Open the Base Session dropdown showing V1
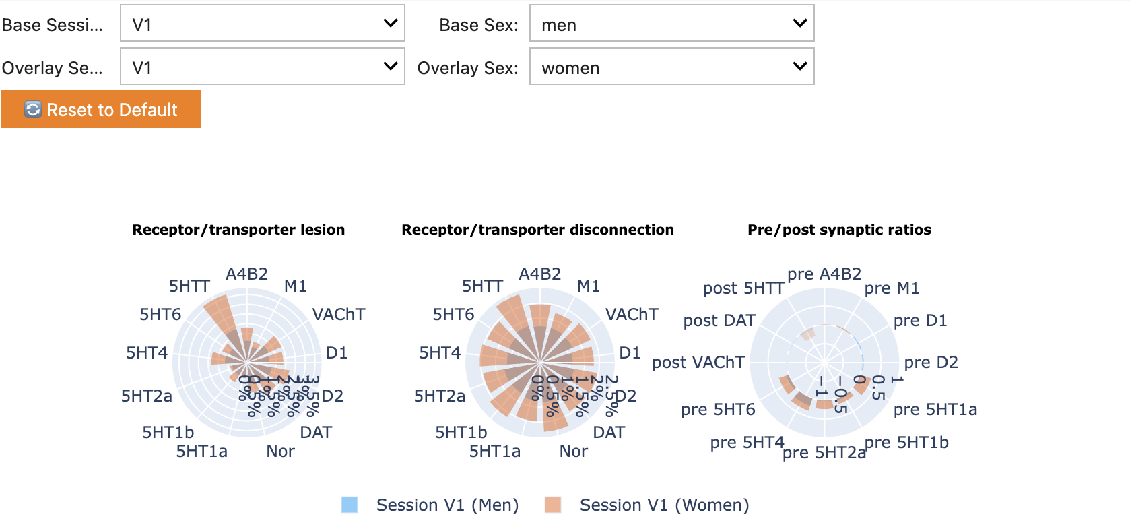262,24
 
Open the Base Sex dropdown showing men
671,24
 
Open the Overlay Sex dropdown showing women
671,67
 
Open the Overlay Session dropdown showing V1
262,67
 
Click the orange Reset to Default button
101,110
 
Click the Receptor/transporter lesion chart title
238,230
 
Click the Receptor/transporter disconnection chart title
537,230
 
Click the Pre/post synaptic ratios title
839,230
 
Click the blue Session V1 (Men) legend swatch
350,505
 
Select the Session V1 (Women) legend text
664,505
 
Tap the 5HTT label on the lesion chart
189,286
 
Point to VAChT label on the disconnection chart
631,315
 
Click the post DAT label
719,321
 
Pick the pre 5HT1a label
935,410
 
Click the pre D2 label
931,363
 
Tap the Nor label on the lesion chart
280,452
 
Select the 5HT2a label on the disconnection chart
439,396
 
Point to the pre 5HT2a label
824,452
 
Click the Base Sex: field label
478,25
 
